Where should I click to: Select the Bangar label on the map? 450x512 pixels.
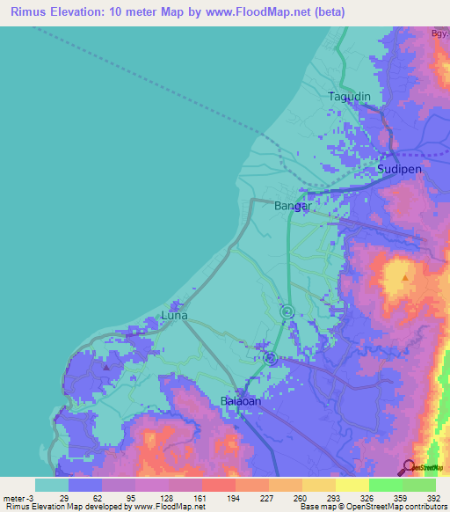[x=294, y=206]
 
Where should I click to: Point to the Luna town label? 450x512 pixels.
[x=176, y=315]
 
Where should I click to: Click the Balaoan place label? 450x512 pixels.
[x=239, y=401]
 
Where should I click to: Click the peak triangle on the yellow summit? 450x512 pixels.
[x=404, y=278]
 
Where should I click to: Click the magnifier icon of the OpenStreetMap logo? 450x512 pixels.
[x=410, y=466]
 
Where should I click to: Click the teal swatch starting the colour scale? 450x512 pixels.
[x=51, y=485]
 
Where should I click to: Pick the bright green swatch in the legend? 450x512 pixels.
[x=385, y=485]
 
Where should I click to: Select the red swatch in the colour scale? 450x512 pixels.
[x=218, y=485]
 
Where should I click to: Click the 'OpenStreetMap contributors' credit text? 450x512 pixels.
[x=395, y=507]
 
